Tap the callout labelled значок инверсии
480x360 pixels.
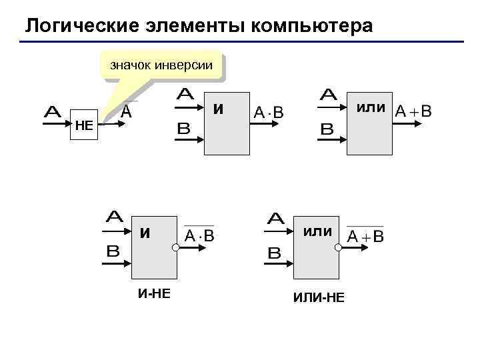(161, 65)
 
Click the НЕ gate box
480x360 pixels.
(84, 125)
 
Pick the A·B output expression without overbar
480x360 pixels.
(269, 113)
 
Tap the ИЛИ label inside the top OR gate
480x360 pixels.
(370, 108)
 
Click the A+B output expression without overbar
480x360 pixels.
(413, 111)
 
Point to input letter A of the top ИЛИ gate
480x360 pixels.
(328, 96)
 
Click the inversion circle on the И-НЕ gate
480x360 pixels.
(175, 248)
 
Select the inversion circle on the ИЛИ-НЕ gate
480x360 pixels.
(338, 248)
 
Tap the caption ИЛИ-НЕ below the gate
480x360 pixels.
(319, 297)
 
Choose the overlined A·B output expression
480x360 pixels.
(199, 235)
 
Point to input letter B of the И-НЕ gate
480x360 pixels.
(113, 251)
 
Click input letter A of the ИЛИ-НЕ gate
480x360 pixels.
(275, 219)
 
